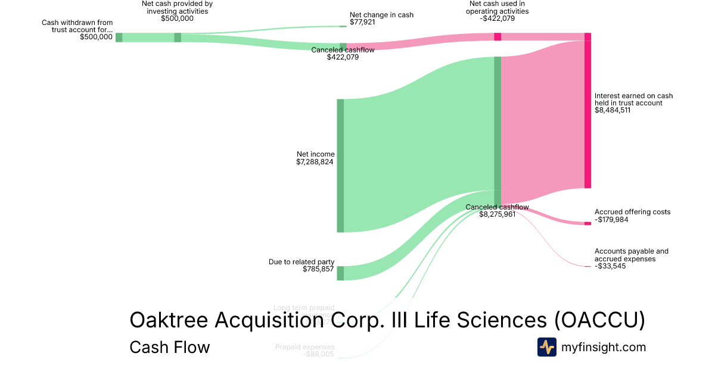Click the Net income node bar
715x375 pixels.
point(340,165)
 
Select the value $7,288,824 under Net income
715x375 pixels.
point(315,162)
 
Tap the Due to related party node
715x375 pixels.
point(340,273)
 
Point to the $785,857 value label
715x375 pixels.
point(318,270)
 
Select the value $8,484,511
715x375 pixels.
point(613,110)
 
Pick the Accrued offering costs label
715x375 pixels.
point(632,212)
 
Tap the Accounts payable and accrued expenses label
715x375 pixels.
point(631,255)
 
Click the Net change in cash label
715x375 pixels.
point(381,15)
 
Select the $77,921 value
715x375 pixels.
point(362,22)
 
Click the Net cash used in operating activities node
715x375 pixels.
point(498,37)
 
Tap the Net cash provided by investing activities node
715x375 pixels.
point(178,37)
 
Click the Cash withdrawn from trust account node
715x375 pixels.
point(119,37)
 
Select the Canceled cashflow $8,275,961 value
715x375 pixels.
point(497,214)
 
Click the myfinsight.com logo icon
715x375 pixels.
point(546,347)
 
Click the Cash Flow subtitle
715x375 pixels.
point(169,347)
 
